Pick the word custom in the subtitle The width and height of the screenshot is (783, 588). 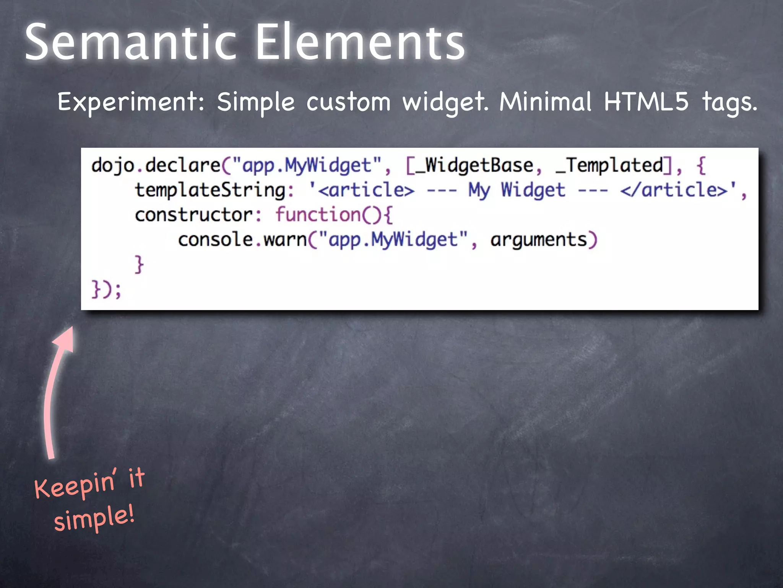pos(348,103)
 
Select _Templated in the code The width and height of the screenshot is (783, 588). pos(609,165)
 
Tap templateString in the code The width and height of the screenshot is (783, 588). pos(210,190)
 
